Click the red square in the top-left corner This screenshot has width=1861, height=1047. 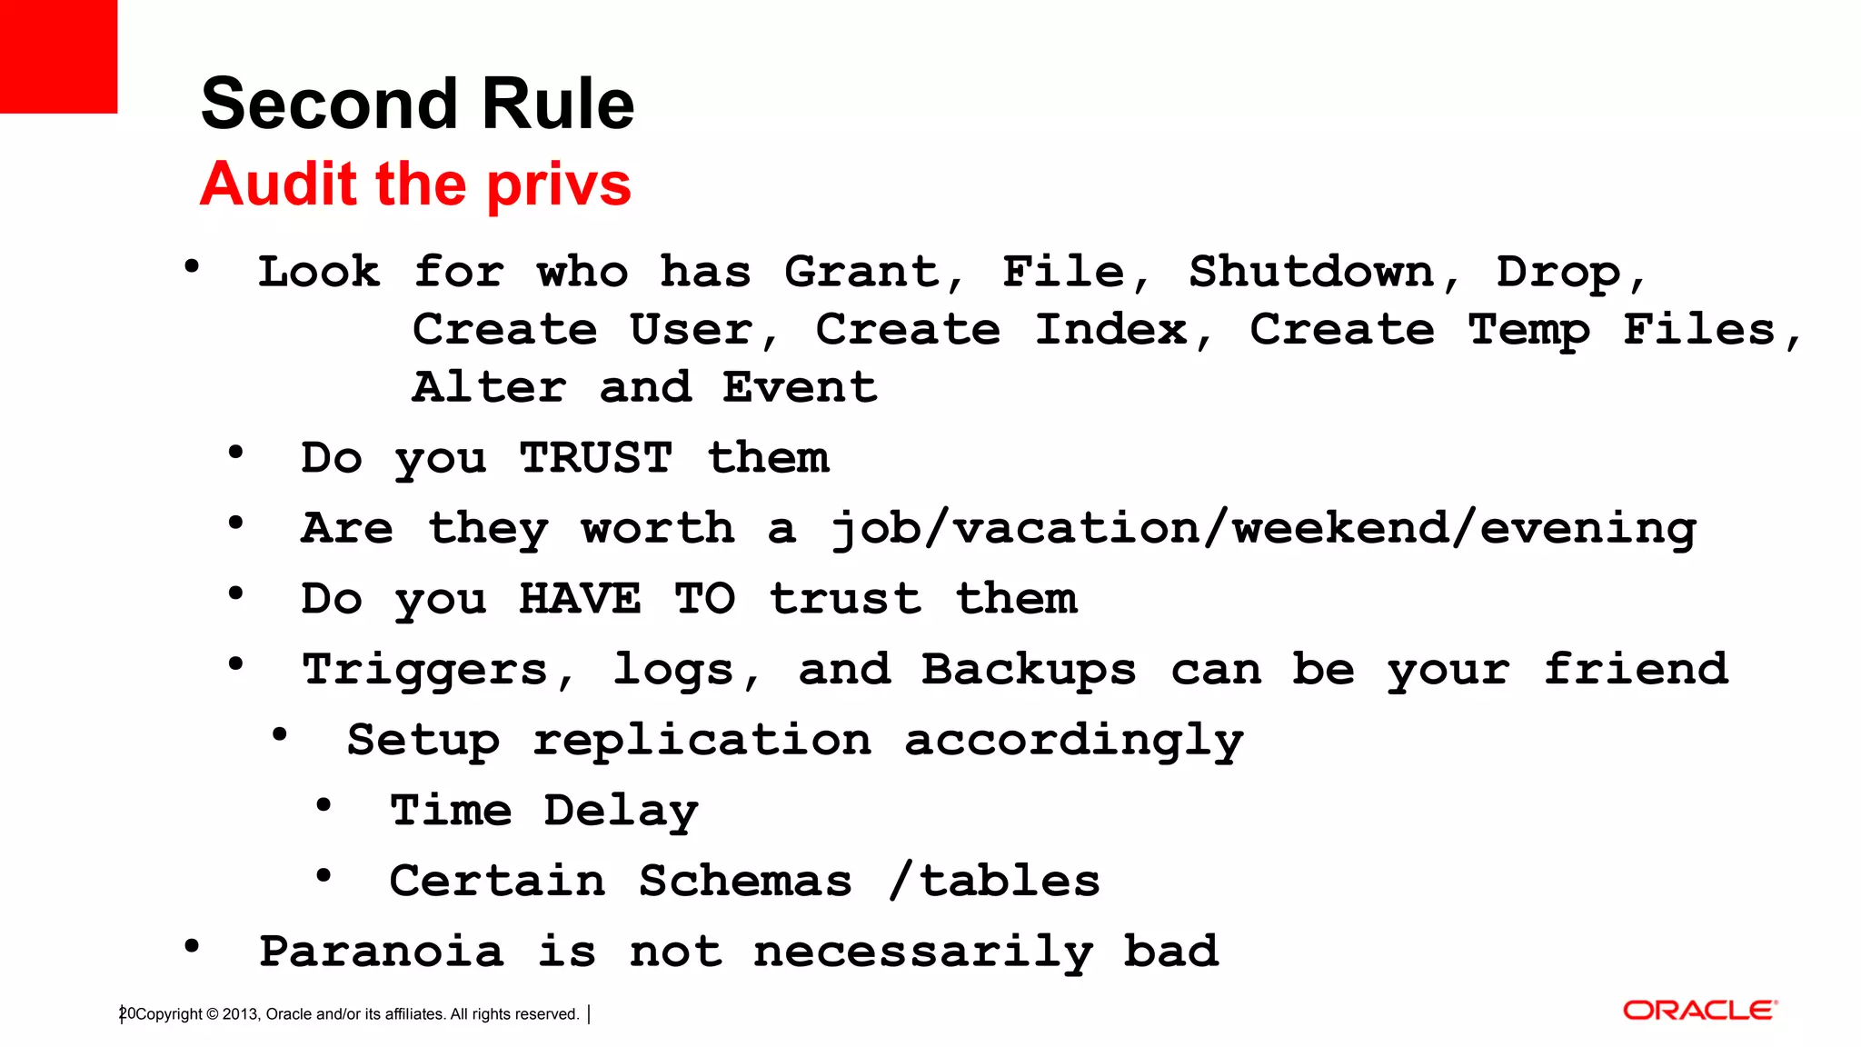pyautogui.click(x=58, y=56)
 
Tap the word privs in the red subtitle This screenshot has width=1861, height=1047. pyautogui.click(x=558, y=184)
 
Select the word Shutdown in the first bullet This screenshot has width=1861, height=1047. pyautogui.click(x=1311, y=272)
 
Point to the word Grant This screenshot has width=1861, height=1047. pyautogui.click(x=861, y=272)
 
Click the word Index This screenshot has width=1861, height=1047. pyautogui.click(x=1111, y=329)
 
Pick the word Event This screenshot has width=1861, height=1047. pyautogui.click(x=800, y=387)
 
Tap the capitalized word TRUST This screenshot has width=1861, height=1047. pyautogui.click(x=596, y=457)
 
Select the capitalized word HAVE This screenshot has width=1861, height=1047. pyautogui.click(x=580, y=599)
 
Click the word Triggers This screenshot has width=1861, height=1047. pyautogui.click(x=425, y=671)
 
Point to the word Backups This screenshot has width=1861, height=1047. pyautogui.click(x=1029, y=671)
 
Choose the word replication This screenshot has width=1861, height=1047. pyautogui.click(x=702, y=740)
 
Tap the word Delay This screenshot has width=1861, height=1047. pyautogui.click(x=622, y=811)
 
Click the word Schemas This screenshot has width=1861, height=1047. pyautogui.click(x=745, y=881)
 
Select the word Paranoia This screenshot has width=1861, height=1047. pyautogui.click(x=382, y=952)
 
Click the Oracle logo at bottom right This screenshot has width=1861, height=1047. pyautogui.click(x=1699, y=1011)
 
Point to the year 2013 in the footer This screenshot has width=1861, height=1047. pyautogui.click(x=240, y=1014)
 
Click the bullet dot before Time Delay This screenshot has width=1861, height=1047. pyautogui.click(x=323, y=805)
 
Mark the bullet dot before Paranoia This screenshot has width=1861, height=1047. pyautogui.click(x=192, y=946)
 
